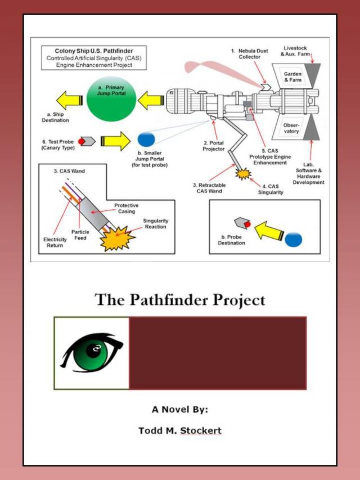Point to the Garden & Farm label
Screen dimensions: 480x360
292,77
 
